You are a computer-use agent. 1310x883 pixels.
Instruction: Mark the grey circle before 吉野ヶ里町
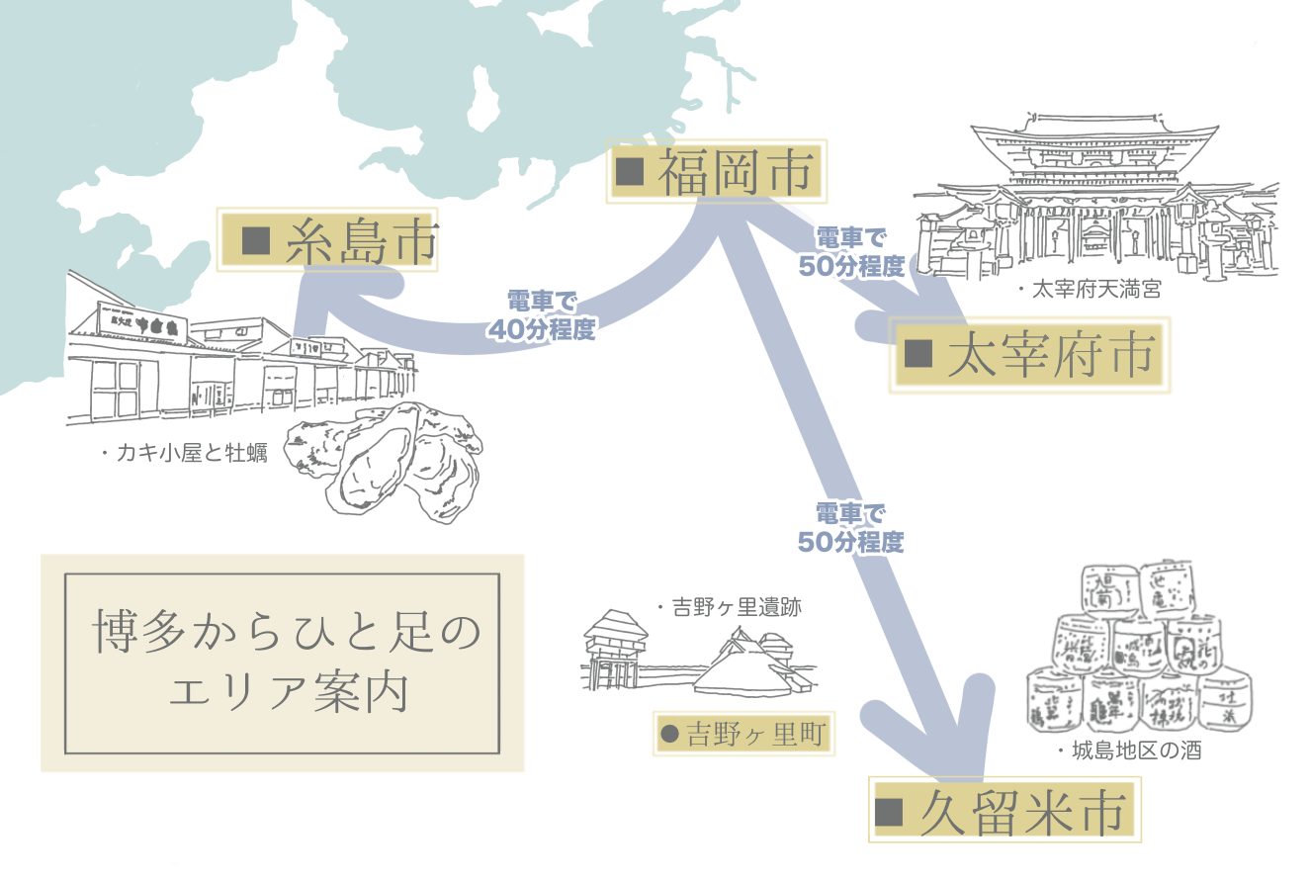[669, 735]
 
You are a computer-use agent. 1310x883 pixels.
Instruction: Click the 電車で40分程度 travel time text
[541, 315]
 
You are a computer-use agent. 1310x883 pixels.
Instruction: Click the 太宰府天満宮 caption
[1088, 290]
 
